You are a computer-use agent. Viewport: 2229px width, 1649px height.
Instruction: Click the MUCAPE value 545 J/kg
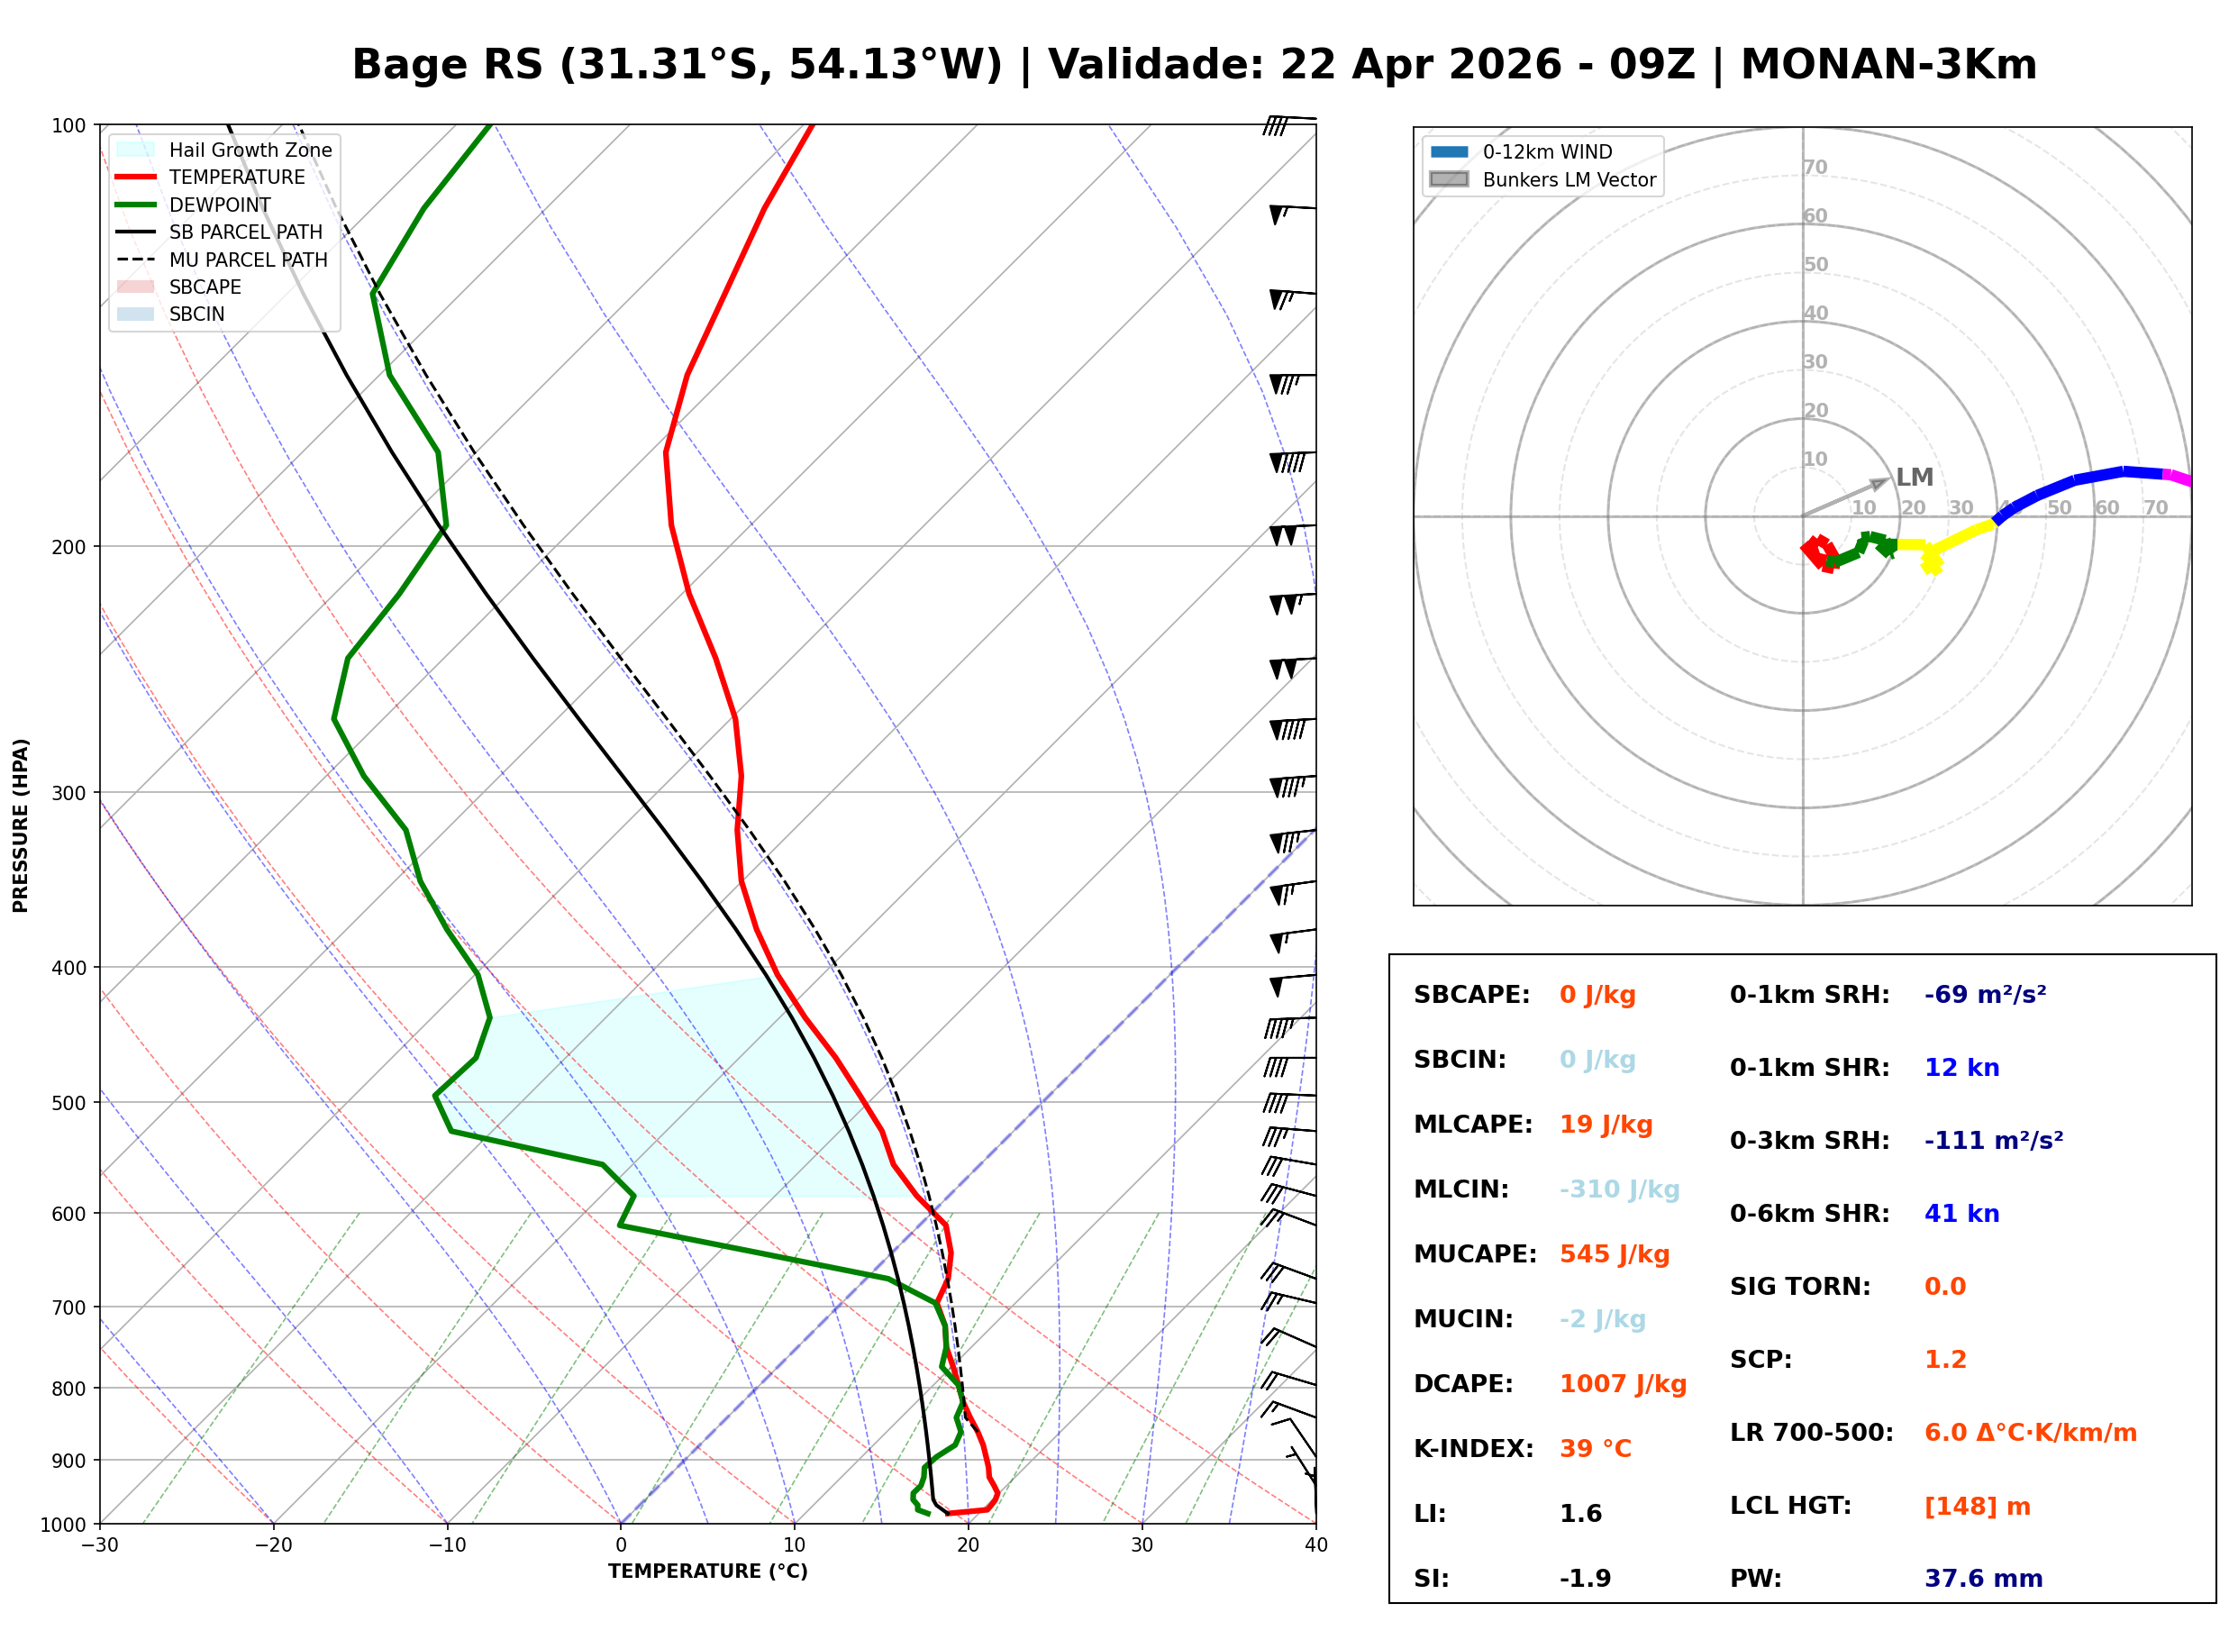point(1614,1253)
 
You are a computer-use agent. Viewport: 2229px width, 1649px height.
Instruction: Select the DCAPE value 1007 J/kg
point(1623,1383)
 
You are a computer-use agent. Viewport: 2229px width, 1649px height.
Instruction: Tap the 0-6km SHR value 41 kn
point(1961,1213)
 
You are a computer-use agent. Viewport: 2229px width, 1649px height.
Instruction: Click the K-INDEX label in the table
point(1473,1448)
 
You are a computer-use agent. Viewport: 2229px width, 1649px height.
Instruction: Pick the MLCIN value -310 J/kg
point(1618,1189)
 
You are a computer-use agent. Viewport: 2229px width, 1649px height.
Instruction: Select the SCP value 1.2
point(1944,1359)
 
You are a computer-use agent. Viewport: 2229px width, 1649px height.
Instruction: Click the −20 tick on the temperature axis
point(272,1545)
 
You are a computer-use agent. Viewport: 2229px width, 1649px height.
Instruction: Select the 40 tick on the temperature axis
point(1315,1545)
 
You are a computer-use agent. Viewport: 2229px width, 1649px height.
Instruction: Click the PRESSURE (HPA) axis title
point(21,824)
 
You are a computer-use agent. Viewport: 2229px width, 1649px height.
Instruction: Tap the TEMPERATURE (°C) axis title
point(707,1572)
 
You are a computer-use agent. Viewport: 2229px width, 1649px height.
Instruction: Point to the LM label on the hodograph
point(1914,478)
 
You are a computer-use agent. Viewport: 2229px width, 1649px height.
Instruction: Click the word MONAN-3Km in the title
point(1888,65)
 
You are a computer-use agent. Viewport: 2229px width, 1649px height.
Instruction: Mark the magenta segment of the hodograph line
point(2177,478)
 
